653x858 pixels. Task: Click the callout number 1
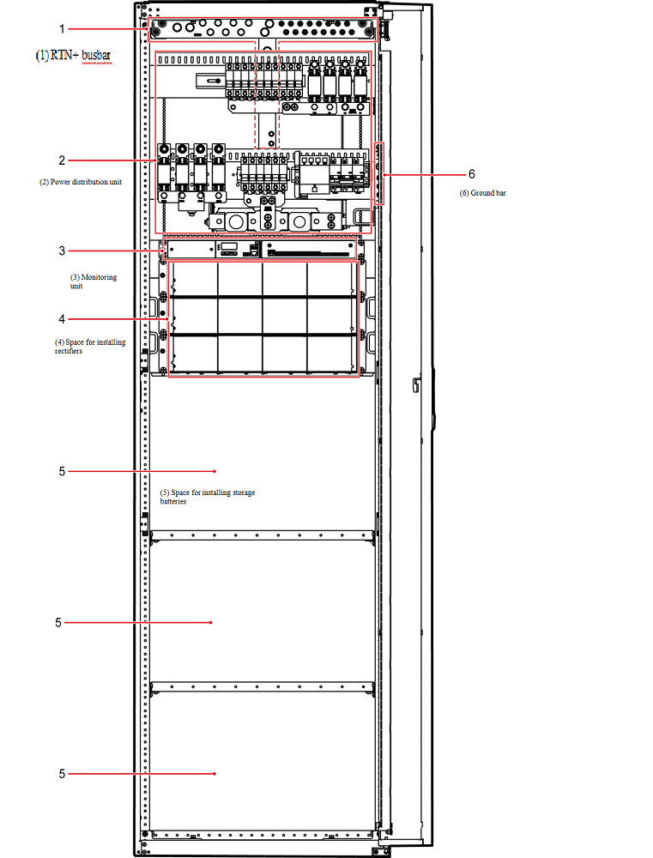[62, 29]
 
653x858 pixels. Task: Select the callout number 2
[62, 160]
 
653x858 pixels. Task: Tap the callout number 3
[62, 251]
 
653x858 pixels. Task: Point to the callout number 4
[62, 318]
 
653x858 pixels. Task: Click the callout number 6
[471, 174]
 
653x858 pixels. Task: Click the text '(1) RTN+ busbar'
[73, 55]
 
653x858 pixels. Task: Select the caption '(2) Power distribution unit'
[81, 182]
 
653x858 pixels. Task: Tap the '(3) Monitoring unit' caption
[93, 281]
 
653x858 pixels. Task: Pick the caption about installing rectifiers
[90, 347]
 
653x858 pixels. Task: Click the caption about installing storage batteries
[208, 496]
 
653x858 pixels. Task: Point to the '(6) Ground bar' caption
[482, 192]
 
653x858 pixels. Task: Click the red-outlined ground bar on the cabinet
[378, 173]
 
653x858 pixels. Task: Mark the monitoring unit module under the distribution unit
[263, 250]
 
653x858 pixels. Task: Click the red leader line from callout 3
[116, 251]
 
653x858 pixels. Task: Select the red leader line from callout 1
[109, 29]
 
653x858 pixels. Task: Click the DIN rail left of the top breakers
[211, 81]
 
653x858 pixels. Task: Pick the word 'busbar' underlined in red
[96, 55]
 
